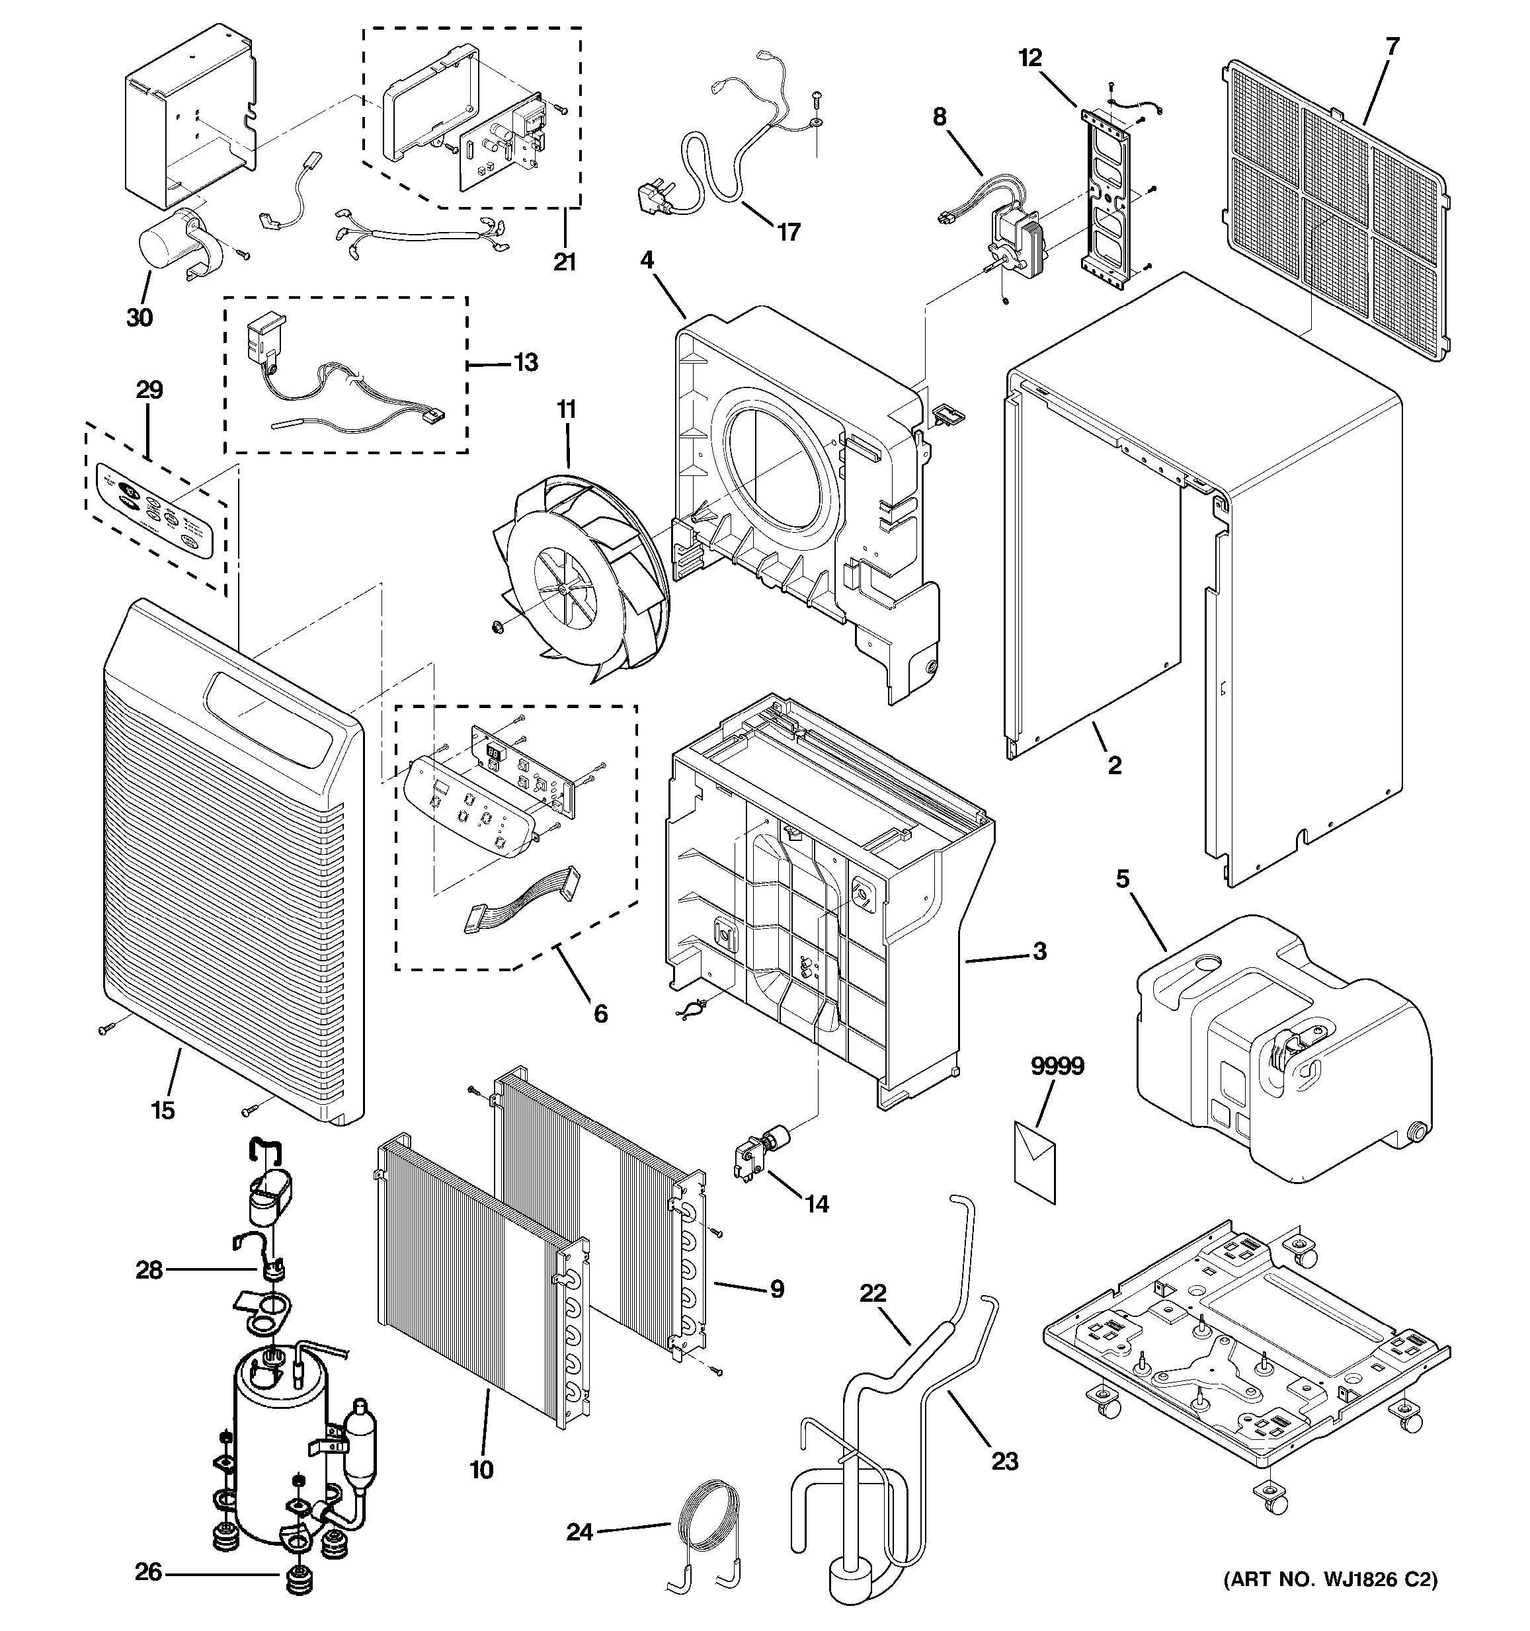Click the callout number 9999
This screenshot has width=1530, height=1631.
pyautogui.click(x=1057, y=1066)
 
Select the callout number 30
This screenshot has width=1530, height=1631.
pyautogui.click(x=140, y=317)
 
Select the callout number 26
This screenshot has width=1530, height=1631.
pyautogui.click(x=149, y=1573)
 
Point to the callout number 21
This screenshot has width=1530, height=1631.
pyautogui.click(x=565, y=262)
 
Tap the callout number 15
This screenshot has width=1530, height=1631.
pyautogui.click(x=163, y=1110)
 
